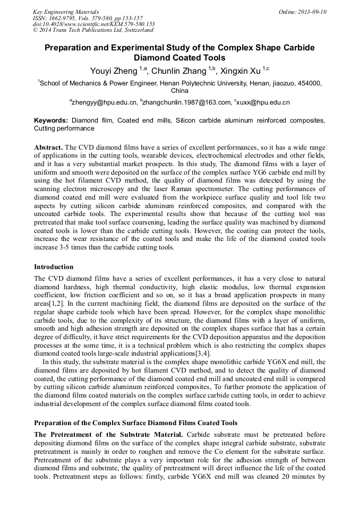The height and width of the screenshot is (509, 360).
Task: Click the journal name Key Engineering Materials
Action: click(x=66, y=12)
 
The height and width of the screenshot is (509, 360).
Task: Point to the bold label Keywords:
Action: click(x=51, y=120)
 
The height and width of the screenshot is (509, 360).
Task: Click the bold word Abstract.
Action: click(x=48, y=146)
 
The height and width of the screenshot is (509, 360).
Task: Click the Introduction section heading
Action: click(x=54, y=267)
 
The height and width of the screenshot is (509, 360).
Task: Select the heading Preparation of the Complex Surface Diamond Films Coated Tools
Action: click(x=135, y=423)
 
